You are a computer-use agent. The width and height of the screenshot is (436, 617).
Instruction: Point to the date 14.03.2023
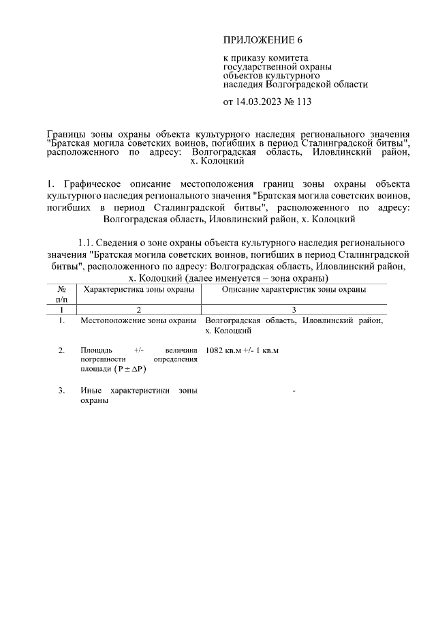(x=260, y=103)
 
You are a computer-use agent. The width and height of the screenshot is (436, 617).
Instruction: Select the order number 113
(x=302, y=103)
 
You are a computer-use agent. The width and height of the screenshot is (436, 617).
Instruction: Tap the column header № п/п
(x=61, y=294)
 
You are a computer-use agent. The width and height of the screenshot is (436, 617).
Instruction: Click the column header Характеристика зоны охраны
(x=138, y=289)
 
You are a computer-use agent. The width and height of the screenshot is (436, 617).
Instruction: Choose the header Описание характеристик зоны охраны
(x=294, y=289)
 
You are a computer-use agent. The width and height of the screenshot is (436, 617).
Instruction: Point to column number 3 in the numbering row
(x=294, y=309)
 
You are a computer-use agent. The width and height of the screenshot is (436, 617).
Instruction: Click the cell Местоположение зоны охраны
(x=138, y=320)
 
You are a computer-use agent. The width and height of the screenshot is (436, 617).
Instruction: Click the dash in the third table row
(x=294, y=391)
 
